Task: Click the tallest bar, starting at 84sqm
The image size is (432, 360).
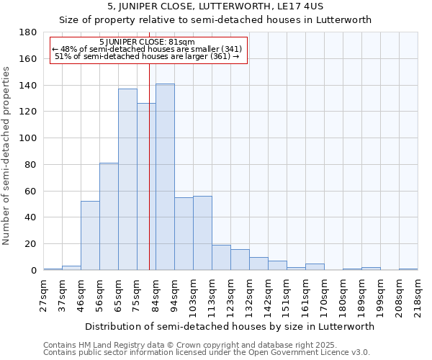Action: [x=165, y=177]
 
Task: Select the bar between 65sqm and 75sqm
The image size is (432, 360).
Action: [x=127, y=179]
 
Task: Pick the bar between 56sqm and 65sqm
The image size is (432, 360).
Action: [x=109, y=216]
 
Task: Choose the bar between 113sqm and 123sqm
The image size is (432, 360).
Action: [x=221, y=257]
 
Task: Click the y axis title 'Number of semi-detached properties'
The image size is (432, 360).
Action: [x=7, y=156]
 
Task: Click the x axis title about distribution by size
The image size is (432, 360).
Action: [x=230, y=326]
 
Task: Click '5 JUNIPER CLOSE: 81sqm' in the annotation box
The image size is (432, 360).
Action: [x=147, y=42]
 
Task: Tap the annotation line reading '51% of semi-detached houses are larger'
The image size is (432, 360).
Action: [x=147, y=56]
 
